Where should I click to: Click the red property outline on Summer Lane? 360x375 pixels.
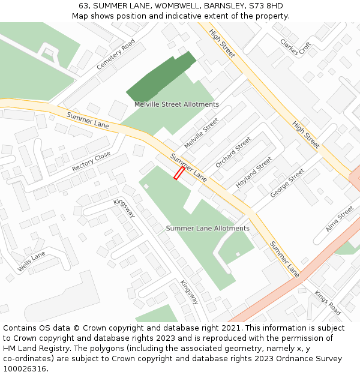coord(179,173)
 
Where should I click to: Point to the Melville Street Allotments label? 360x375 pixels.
coord(176,104)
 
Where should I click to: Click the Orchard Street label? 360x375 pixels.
coord(233,152)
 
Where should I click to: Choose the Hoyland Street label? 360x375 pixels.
coord(254,173)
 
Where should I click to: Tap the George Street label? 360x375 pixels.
coord(287,182)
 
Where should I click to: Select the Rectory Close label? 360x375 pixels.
coord(91,161)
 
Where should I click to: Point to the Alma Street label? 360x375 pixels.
coord(340,220)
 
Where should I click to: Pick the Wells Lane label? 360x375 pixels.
coord(31,262)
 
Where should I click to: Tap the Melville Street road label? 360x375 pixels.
coord(201,134)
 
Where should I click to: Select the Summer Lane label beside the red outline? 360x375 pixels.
coord(188,167)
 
